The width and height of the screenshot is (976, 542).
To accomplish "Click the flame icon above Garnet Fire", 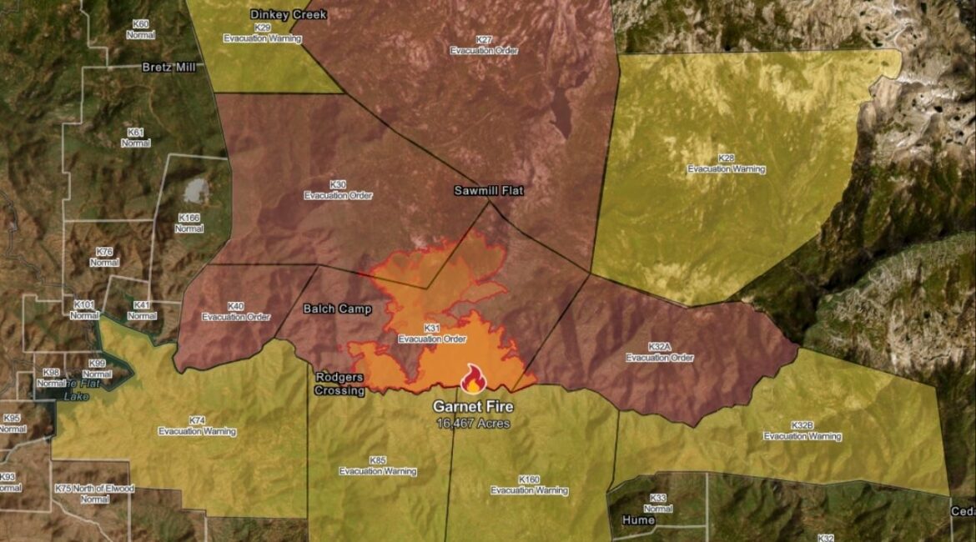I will click(473, 379).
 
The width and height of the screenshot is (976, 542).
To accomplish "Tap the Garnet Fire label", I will click(473, 407).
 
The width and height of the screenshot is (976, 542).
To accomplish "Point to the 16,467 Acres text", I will click(473, 424).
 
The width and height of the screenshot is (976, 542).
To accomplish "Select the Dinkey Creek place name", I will click(289, 14).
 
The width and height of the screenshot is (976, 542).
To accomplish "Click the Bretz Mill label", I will click(169, 67).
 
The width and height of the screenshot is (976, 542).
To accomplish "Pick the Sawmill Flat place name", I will click(489, 190).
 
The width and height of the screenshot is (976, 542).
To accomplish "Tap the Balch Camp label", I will click(337, 309).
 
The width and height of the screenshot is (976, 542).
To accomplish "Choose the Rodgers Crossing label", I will click(340, 384).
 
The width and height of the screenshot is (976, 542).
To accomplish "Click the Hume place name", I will click(639, 519).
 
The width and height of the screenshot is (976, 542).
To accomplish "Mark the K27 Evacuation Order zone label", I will click(484, 45).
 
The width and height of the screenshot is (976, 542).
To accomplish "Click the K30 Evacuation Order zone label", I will click(338, 189).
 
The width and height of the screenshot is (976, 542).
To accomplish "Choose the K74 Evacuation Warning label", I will click(197, 426).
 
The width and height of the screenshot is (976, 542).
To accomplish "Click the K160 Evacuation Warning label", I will click(529, 485).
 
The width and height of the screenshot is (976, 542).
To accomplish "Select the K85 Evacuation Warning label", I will click(378, 465).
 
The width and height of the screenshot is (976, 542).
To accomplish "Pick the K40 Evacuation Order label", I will click(235, 311).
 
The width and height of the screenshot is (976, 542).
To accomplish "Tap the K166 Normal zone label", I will click(189, 223).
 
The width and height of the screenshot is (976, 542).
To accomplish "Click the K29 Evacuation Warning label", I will click(263, 33).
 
